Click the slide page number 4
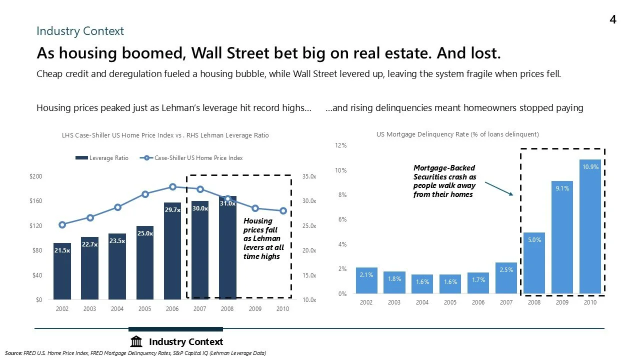click(612, 19)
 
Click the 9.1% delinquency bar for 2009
click(562, 237)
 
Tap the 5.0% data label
click(534, 240)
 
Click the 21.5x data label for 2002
click(62, 250)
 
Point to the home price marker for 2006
click(172, 187)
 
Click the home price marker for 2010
click(283, 211)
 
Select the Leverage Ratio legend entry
click(102, 158)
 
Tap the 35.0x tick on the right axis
click(309, 176)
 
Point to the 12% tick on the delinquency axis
click(341, 145)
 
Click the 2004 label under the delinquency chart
click(422, 302)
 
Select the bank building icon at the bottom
click(136, 342)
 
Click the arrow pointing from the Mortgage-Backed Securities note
click(498, 188)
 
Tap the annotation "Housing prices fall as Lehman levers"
click(263, 238)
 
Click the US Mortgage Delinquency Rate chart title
click(457, 134)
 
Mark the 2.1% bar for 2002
click(366, 280)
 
